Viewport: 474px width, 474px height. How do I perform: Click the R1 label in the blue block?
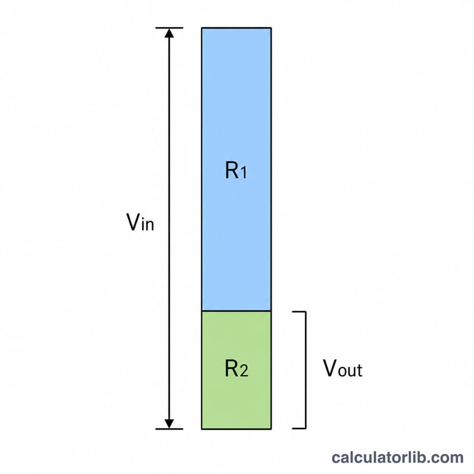236,170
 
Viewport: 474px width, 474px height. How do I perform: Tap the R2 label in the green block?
236,368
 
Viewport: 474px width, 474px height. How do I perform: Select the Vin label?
140,222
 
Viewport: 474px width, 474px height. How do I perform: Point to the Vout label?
343,368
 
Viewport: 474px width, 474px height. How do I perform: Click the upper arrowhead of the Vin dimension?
169,33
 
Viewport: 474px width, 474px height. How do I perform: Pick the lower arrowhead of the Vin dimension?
169,424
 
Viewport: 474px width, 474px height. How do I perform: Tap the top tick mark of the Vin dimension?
169,28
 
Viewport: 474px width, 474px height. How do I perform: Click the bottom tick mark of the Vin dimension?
169,429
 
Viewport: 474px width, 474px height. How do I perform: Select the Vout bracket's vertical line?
306,370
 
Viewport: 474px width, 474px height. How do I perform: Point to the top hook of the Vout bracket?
299,312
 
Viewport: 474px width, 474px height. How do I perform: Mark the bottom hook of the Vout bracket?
299,428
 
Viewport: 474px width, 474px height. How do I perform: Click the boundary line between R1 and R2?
236,310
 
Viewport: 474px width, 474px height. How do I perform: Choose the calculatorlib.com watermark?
398,457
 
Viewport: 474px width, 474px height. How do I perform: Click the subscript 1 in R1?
244,173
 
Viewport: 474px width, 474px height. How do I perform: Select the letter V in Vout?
330,368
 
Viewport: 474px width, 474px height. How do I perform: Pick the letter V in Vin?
133,222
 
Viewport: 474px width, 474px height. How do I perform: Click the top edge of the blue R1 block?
236,28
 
